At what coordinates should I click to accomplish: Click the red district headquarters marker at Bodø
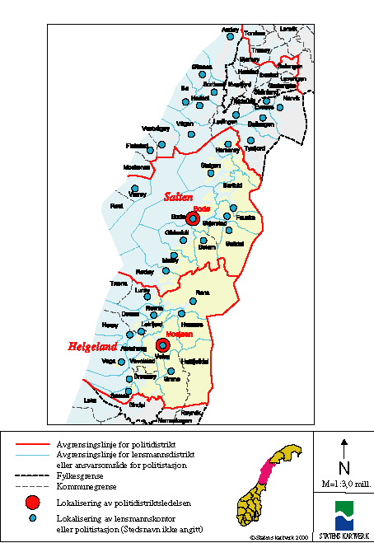193,218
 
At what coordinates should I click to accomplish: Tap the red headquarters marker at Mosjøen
162,346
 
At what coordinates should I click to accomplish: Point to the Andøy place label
230,29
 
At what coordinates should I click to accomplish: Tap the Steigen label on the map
211,165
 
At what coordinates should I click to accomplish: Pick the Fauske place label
245,217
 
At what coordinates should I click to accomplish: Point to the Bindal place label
137,405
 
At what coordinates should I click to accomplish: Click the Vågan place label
185,123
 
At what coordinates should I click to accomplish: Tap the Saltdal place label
234,244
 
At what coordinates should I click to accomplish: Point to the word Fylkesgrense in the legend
79,475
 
